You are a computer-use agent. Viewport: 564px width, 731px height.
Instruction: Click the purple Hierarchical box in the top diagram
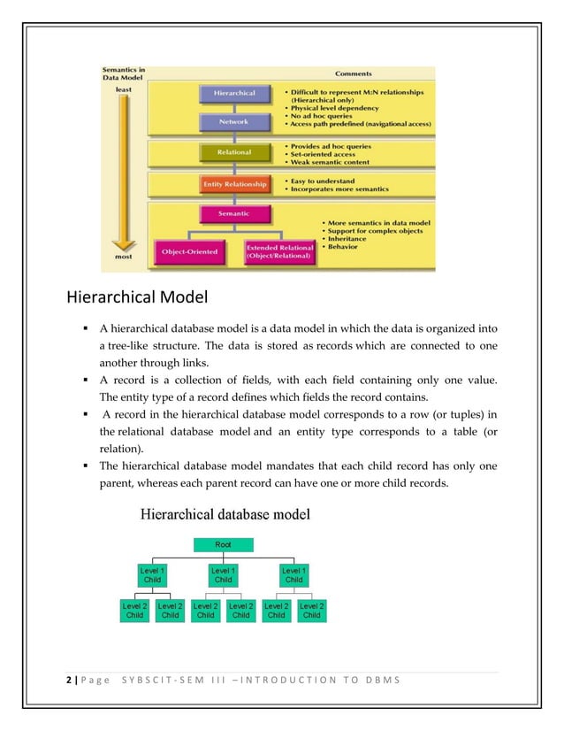click(234, 93)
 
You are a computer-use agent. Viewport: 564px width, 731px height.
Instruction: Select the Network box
click(234, 122)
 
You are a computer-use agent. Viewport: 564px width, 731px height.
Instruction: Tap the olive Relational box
click(233, 152)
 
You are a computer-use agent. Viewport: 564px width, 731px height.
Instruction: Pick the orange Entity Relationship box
click(233, 184)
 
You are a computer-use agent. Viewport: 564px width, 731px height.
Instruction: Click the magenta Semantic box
click(233, 213)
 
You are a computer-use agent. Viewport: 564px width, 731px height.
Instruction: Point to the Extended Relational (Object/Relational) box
click(279, 251)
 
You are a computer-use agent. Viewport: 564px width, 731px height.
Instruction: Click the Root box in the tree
click(223, 545)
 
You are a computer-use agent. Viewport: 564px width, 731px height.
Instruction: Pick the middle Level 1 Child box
click(223, 575)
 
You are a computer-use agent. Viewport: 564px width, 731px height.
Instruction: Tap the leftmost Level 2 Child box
click(134, 610)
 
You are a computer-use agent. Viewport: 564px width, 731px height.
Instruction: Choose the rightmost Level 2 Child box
click(311, 610)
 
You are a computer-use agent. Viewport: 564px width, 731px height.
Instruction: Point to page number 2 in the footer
click(68, 680)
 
